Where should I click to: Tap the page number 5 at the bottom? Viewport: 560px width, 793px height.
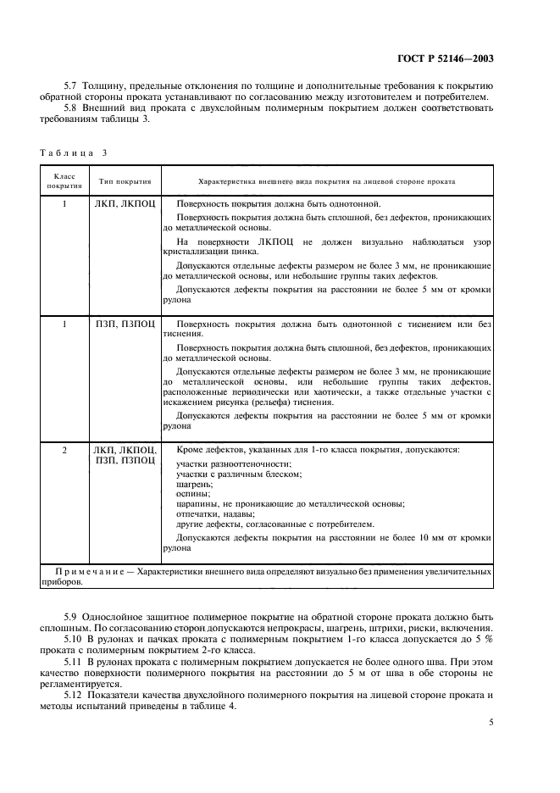491,722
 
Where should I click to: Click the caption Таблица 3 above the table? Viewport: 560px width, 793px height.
75,152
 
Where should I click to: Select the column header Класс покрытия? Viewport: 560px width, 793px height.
64,181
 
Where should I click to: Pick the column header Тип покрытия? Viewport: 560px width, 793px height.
125,181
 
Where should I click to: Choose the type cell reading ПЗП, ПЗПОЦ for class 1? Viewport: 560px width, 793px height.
125,324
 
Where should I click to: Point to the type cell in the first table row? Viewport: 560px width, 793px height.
125,204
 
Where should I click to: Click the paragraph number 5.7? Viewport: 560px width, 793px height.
72,86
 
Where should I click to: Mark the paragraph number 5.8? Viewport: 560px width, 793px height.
72,108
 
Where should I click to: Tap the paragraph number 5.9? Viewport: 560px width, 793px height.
72,617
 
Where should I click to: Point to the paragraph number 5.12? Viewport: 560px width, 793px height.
74,695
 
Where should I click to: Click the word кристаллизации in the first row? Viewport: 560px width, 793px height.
199,252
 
